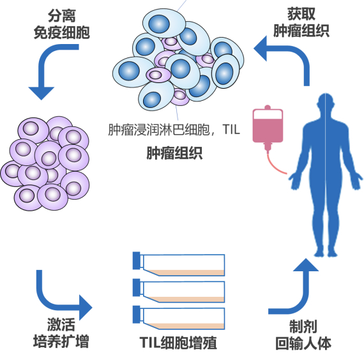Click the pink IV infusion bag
(268, 126)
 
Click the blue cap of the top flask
(136, 260)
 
